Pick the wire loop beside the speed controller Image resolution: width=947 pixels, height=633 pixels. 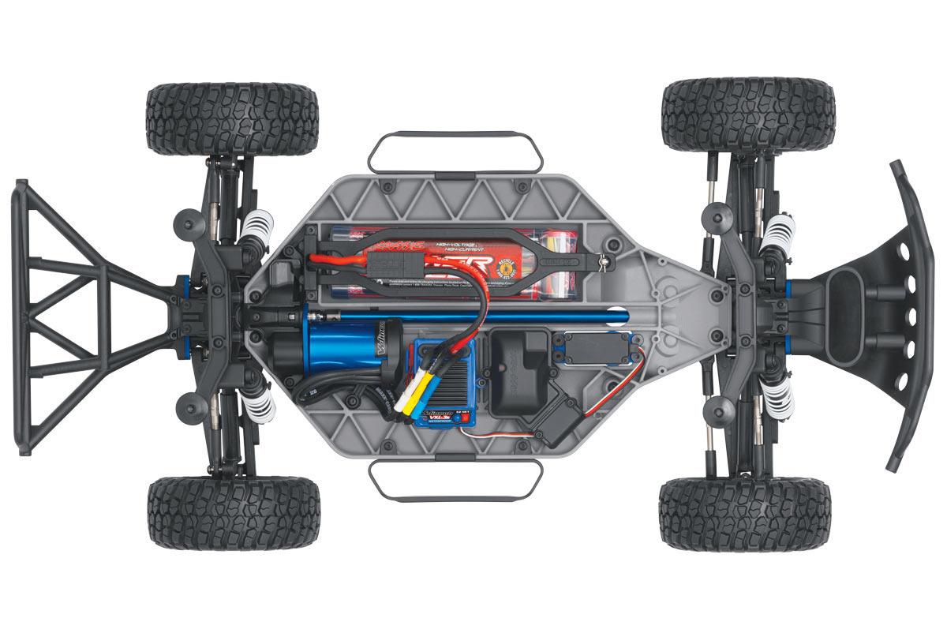click(456, 481)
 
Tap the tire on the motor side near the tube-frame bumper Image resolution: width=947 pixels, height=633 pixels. click(234, 513)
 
